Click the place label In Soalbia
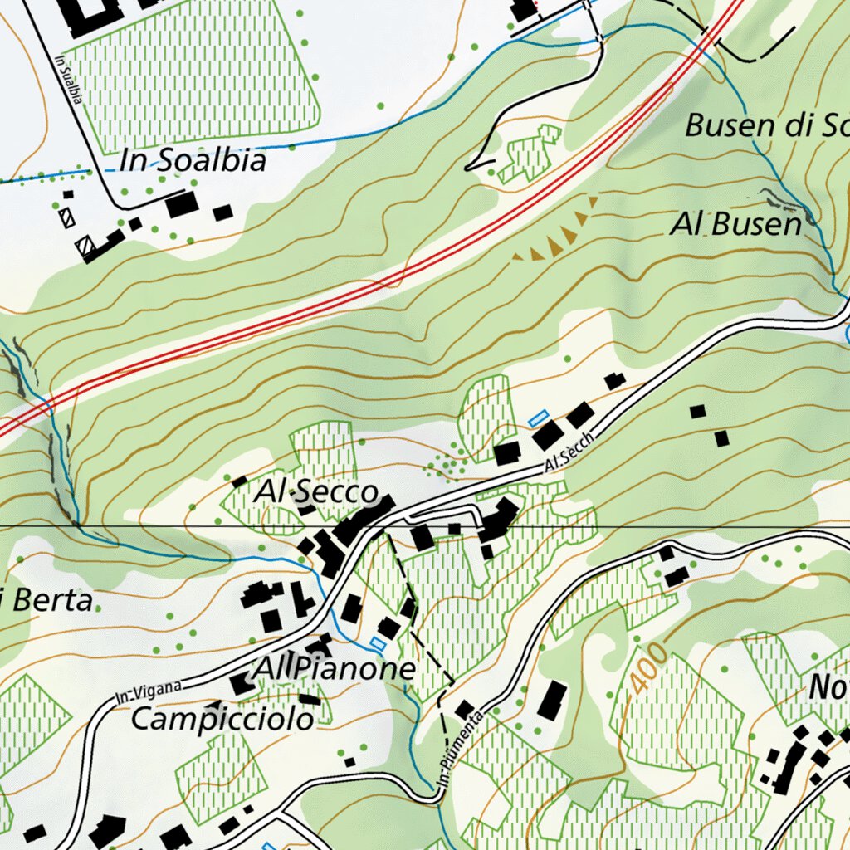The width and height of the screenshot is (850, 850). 193,160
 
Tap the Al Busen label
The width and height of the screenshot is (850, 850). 736,225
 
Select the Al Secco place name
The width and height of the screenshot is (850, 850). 316,491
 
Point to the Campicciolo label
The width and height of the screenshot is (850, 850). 223,719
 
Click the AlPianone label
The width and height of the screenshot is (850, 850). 335,669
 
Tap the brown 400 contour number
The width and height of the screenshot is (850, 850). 641,669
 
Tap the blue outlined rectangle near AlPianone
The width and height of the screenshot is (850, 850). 379,644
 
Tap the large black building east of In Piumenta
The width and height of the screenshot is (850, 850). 552,701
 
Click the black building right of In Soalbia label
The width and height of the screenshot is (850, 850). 182,203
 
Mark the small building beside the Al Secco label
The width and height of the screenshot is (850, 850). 239,481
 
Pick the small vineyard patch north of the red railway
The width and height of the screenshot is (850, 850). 530,154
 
